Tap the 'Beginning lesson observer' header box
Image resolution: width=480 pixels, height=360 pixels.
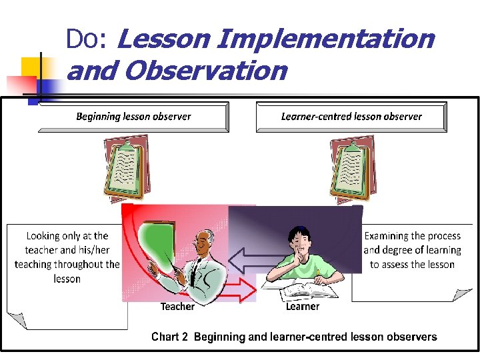point(133,117)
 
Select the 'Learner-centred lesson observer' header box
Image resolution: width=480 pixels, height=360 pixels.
point(351,117)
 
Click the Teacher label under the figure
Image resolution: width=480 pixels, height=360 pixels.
point(177,307)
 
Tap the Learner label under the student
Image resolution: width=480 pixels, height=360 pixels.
point(303,307)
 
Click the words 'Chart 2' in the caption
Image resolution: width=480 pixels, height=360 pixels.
point(169,337)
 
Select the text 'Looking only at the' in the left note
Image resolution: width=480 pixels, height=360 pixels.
point(67,236)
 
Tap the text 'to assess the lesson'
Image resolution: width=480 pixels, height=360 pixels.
point(412,265)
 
